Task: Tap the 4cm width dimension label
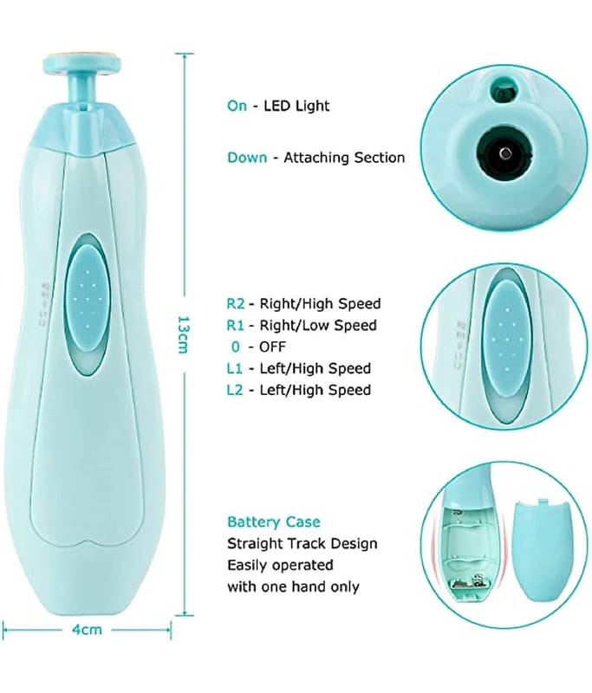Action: coord(86,630)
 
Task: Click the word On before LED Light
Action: coord(237,106)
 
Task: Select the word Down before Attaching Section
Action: coord(246,158)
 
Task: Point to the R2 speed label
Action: coord(236,304)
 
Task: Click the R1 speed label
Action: coord(236,326)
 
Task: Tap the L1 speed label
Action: coord(236,369)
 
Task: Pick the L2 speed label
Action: coord(236,390)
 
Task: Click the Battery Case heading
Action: coord(273,522)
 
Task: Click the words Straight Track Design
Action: coord(302,544)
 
